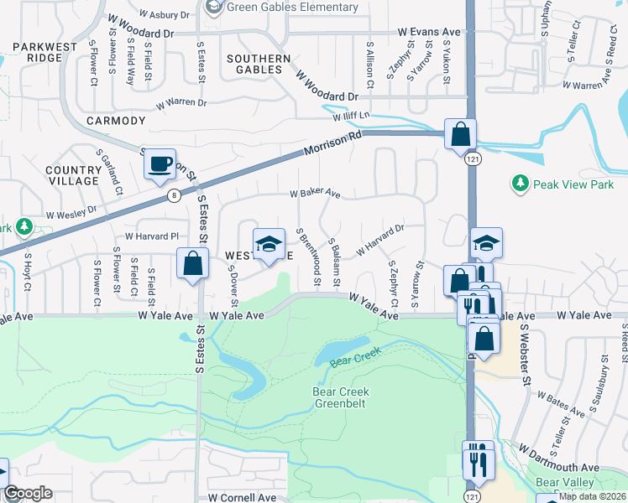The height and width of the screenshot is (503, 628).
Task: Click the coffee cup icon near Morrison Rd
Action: (x=160, y=164)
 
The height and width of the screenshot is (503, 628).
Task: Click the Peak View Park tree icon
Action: (x=520, y=182)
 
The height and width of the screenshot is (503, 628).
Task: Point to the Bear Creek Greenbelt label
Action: (x=342, y=397)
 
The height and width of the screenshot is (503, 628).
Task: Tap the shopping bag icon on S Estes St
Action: (x=193, y=263)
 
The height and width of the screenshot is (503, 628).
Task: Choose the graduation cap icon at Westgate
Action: (x=269, y=244)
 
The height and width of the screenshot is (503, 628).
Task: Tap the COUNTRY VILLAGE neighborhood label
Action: (x=73, y=175)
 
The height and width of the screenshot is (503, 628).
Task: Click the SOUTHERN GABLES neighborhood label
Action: (x=259, y=65)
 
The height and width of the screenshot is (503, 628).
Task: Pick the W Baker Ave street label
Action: (x=315, y=193)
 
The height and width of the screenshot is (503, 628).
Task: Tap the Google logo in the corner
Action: (x=28, y=493)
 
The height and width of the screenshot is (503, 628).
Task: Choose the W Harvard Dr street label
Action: (x=380, y=240)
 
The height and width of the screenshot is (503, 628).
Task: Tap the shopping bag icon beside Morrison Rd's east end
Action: (x=460, y=134)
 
